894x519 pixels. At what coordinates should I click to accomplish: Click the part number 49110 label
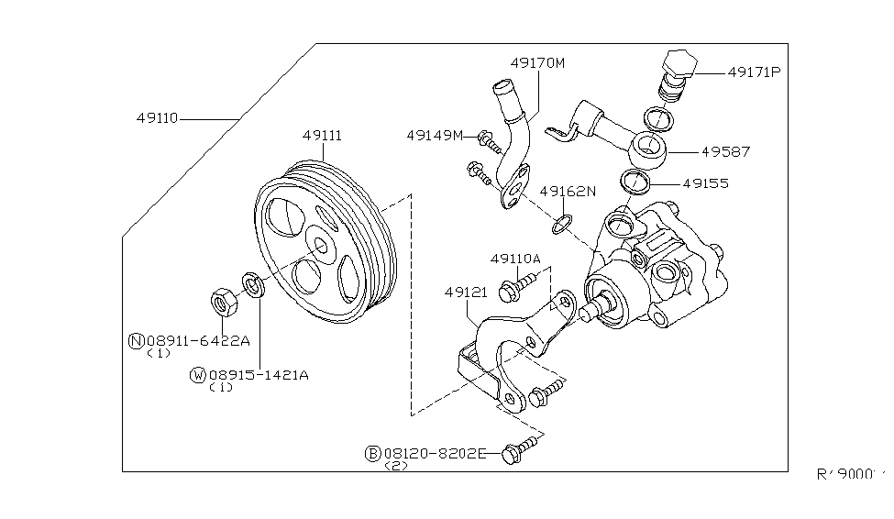pyautogui.click(x=157, y=118)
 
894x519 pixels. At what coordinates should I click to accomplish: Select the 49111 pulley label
pyautogui.click(x=322, y=136)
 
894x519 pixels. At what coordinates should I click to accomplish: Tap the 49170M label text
pyautogui.click(x=537, y=63)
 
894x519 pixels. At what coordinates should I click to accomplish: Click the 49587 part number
pyautogui.click(x=728, y=150)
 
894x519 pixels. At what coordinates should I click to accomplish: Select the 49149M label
pyautogui.click(x=435, y=136)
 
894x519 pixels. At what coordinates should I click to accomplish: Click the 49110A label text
pyautogui.click(x=515, y=259)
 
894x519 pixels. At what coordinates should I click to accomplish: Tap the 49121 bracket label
pyautogui.click(x=465, y=293)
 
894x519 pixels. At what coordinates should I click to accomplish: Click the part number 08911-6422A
pyautogui.click(x=197, y=340)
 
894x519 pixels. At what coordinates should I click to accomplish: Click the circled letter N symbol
pyautogui.click(x=136, y=341)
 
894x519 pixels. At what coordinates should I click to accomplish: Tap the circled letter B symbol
pyautogui.click(x=373, y=453)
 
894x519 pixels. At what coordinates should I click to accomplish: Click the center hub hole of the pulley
pyautogui.click(x=322, y=247)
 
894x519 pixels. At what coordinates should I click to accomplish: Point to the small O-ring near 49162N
pyautogui.click(x=563, y=222)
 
